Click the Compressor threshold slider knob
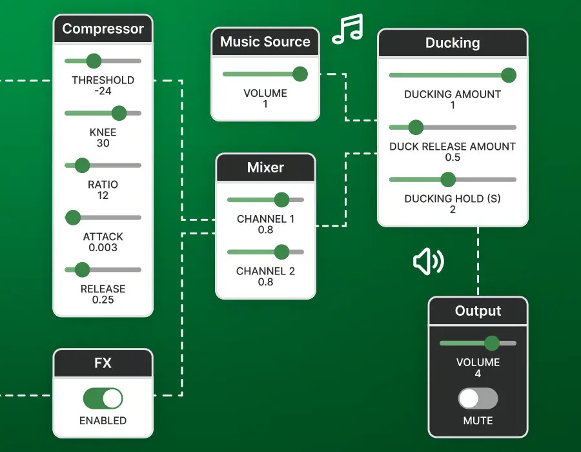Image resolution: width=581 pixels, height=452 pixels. [x=94, y=61]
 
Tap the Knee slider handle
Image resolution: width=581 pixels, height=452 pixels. [x=119, y=114]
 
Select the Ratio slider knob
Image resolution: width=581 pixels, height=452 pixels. [x=82, y=165]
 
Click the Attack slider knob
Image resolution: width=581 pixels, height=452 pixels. [x=73, y=218]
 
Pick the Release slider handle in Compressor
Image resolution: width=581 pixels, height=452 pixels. [x=82, y=269]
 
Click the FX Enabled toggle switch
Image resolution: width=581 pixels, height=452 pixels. [x=103, y=398]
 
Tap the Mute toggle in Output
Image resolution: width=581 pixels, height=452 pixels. [x=478, y=398]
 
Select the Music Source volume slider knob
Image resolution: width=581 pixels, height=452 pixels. [x=300, y=74]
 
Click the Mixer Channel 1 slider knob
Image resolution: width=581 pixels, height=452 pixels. [x=281, y=200]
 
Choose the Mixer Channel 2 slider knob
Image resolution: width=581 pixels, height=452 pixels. [x=281, y=252]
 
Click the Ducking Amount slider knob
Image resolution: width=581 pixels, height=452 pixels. [x=509, y=76]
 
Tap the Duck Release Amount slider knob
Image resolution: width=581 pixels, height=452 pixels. [x=416, y=127]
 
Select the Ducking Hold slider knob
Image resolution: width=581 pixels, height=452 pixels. [x=448, y=180]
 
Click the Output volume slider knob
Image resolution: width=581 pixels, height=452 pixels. [x=492, y=343]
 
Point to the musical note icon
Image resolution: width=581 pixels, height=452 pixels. [x=347, y=30]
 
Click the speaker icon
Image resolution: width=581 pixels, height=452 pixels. [x=428, y=262]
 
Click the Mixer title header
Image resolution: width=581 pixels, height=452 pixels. [x=265, y=168]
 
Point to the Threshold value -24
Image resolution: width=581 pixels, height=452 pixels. [x=103, y=91]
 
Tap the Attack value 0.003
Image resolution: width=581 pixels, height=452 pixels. [x=103, y=247]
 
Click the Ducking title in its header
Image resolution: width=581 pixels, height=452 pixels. [x=452, y=43]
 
